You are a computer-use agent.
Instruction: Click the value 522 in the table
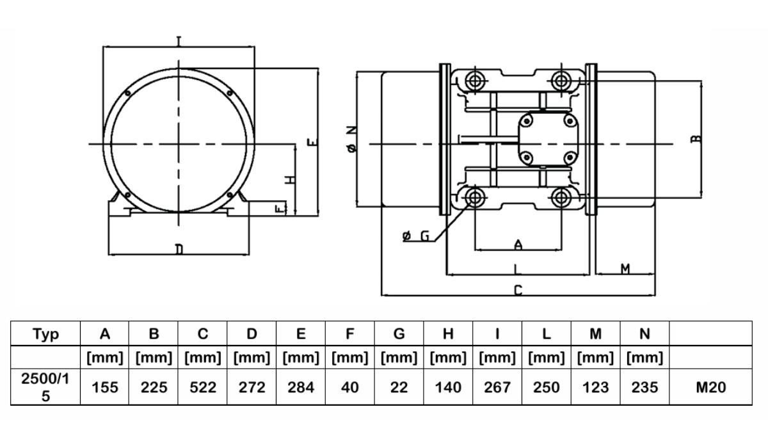tap(203, 387)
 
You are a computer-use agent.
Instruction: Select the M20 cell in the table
tap(711, 387)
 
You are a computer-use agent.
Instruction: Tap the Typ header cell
tap(45, 333)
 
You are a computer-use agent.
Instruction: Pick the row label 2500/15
tap(45, 387)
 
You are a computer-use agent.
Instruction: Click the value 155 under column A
tap(104, 387)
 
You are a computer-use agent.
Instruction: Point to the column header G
tap(399, 333)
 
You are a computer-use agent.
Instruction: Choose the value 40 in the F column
tap(349, 387)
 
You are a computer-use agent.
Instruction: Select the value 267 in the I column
tap(497, 387)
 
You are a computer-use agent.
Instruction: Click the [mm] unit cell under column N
tap(644, 358)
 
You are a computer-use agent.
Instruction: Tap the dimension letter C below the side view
tap(518, 291)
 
